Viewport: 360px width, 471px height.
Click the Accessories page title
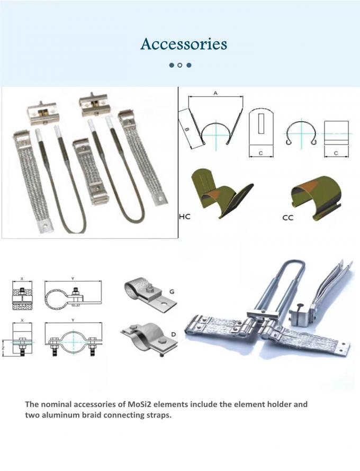184,44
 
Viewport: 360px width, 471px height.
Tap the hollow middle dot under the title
179,65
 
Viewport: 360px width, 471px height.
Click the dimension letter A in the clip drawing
215,94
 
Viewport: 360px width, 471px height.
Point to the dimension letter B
186,130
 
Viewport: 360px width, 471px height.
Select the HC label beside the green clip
185,216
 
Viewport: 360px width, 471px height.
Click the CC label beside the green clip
287,218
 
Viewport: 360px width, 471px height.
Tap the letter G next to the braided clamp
172,292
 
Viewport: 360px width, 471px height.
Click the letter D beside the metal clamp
174,334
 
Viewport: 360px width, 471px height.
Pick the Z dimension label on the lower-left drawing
3,348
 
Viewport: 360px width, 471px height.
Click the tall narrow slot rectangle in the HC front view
261,124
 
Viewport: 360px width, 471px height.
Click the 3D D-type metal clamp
149,339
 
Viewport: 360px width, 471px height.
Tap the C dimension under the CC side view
336,153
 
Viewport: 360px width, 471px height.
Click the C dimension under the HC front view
260,153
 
